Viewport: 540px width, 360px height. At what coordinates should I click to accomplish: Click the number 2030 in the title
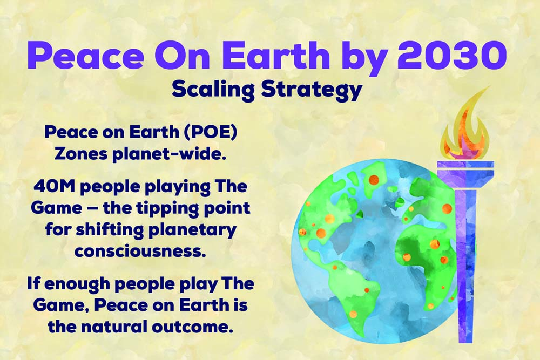tap(452, 55)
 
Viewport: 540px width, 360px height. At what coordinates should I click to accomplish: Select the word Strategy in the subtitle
tap(312, 90)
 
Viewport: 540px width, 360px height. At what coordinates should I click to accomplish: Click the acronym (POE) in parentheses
tap(211, 133)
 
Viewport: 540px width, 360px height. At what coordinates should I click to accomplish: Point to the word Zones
tap(81, 154)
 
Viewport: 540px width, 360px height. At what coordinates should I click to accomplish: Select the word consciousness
tap(140, 251)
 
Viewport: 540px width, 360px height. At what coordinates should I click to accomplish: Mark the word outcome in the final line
tap(190, 327)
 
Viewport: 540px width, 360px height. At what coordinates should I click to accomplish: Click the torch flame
tap(467, 127)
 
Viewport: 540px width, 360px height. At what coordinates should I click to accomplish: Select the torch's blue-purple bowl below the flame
tap(465, 174)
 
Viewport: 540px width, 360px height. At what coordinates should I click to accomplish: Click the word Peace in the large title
tap(85, 55)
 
